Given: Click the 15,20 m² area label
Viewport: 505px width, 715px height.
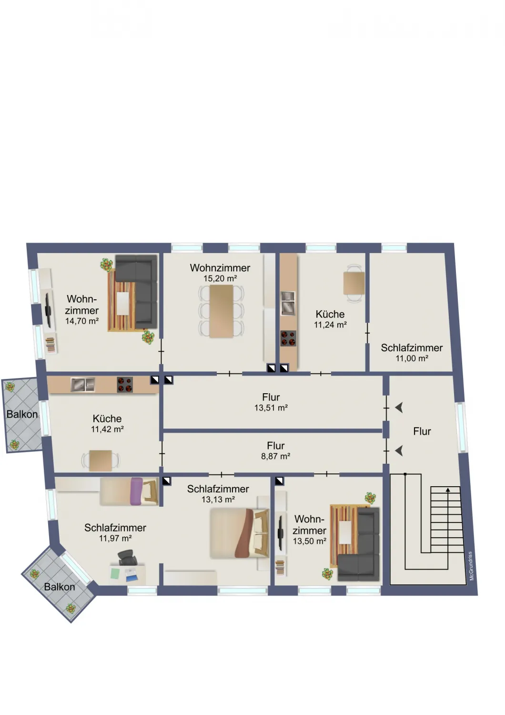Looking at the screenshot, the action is coord(220,278).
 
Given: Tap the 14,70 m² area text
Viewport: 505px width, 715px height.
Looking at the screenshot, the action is coord(81,321).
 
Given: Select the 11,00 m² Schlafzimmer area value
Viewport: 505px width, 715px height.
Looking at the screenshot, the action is coord(412,358).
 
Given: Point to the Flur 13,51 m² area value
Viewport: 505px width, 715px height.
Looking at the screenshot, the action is coord(271,408).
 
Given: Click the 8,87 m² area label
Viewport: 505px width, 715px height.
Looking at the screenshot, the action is coord(275,456).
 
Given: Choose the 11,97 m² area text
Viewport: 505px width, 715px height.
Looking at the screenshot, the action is coord(115,538).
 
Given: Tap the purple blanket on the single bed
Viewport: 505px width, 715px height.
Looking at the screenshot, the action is coord(137,491).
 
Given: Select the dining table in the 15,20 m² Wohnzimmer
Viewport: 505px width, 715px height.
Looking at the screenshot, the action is coord(221,311).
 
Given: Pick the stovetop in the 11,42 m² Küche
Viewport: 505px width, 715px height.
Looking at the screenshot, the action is coord(125,385).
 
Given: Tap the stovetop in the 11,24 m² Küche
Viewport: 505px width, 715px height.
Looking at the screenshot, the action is coord(288,338).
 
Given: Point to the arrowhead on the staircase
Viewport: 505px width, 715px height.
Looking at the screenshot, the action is coord(448,490).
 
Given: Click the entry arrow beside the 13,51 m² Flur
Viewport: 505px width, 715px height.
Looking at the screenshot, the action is coord(399,408).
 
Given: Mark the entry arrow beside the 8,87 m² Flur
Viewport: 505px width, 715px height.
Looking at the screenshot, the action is coord(399,451).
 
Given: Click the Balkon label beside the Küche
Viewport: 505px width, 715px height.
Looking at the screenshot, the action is coord(22,414).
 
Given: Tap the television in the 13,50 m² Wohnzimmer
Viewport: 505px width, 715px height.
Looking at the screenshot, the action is coord(281,533).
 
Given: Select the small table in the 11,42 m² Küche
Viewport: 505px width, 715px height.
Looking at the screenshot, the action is coord(101,460).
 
